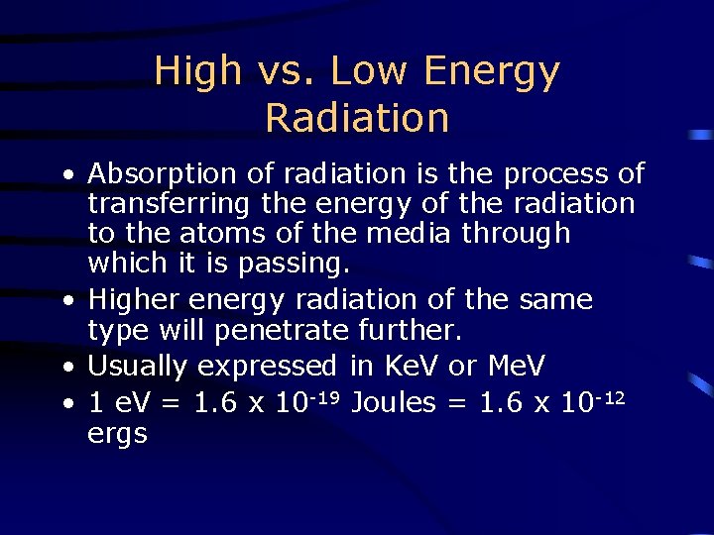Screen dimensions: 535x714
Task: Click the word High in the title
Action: click(x=198, y=71)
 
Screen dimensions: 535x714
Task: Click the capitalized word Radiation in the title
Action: click(x=357, y=118)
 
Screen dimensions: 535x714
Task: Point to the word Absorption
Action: click(x=164, y=175)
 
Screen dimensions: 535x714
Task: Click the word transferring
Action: click(x=171, y=204)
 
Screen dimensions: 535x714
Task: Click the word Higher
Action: click(x=132, y=299)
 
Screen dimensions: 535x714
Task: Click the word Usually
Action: click(x=139, y=367)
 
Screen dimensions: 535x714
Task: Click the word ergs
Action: click(x=117, y=434)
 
